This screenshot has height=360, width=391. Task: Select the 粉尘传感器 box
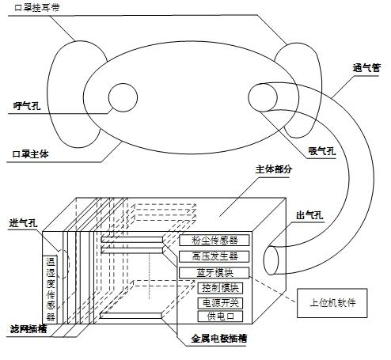(x=214, y=240)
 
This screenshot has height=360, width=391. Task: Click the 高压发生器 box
(x=214, y=256)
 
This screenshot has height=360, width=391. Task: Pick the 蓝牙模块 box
(x=214, y=273)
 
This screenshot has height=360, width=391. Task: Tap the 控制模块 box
(x=218, y=288)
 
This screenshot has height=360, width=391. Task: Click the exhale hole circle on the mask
(x=123, y=97)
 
